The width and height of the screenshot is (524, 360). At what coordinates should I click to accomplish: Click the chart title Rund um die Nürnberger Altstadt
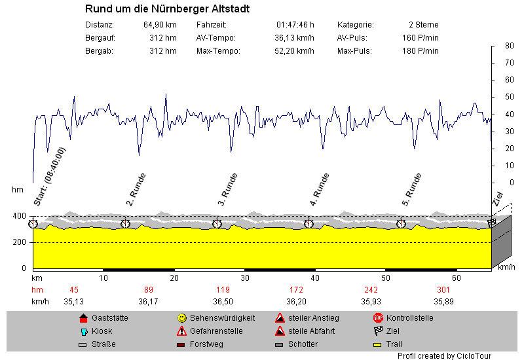(x=167, y=9)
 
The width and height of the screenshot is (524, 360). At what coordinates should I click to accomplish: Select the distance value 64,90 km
(x=160, y=24)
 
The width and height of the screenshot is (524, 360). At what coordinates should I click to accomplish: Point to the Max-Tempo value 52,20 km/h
(x=296, y=50)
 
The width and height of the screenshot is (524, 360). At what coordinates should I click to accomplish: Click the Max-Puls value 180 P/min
(x=420, y=50)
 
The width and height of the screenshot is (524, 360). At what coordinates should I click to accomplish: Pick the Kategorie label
(x=355, y=24)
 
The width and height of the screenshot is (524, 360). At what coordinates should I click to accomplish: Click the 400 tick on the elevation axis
(x=20, y=216)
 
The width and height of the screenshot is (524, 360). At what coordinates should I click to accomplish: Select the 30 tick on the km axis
(x=244, y=278)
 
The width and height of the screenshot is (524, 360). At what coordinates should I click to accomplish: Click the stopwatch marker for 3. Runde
(x=217, y=224)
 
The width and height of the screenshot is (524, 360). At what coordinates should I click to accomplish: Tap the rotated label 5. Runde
(x=411, y=186)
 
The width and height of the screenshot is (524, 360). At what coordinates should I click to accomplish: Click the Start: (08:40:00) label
(x=49, y=177)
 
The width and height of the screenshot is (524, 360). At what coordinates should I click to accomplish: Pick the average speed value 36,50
(x=223, y=301)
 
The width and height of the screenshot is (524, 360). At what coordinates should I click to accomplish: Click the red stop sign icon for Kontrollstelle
(x=377, y=318)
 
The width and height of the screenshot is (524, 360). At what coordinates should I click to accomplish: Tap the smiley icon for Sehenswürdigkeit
(x=181, y=318)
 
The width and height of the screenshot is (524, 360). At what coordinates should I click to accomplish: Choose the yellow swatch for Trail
(x=377, y=344)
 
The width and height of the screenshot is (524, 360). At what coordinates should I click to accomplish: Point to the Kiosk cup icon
(x=83, y=331)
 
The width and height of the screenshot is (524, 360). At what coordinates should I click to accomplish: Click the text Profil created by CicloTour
(x=443, y=355)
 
